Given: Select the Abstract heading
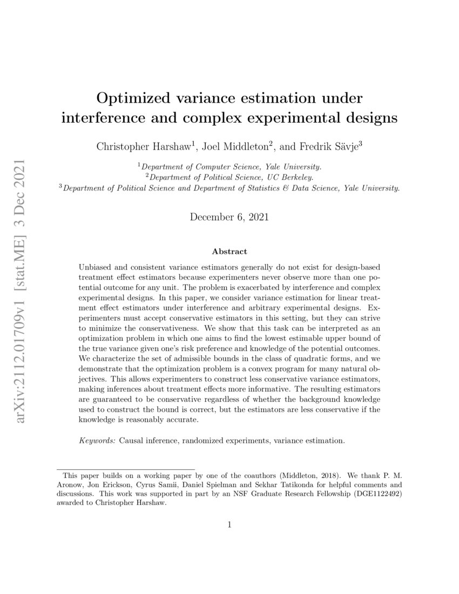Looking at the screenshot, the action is tap(230, 252).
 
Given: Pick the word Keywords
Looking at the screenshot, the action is tap(97, 441).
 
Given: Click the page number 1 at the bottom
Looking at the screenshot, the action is tap(230, 524).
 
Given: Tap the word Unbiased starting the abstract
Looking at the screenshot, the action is tap(96, 268).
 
